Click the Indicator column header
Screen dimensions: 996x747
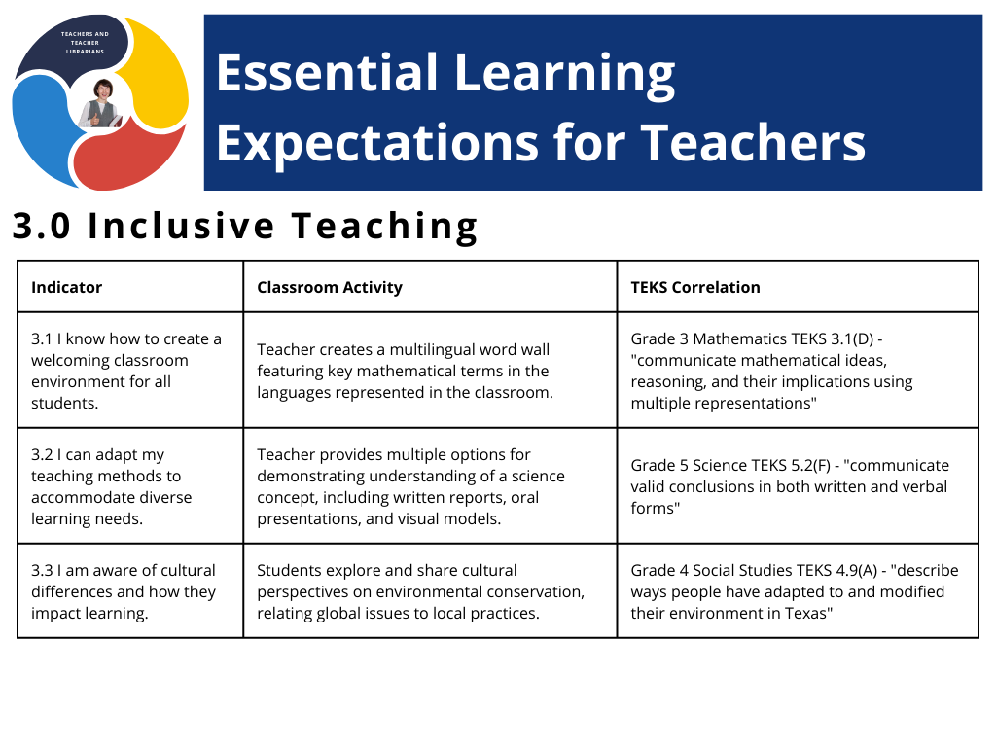coord(67,287)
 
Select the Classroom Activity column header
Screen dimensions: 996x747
coord(330,288)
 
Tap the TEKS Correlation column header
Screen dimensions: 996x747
coord(695,287)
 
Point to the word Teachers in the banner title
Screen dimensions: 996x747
coord(754,143)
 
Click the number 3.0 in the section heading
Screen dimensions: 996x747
coord(42,226)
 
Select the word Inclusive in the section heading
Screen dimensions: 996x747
coord(182,226)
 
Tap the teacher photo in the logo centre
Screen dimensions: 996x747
coord(100,103)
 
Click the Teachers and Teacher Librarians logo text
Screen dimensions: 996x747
coord(86,43)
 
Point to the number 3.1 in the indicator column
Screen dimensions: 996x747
coord(42,339)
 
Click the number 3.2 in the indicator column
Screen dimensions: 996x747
coord(42,455)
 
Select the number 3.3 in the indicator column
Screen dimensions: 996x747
coord(42,570)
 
